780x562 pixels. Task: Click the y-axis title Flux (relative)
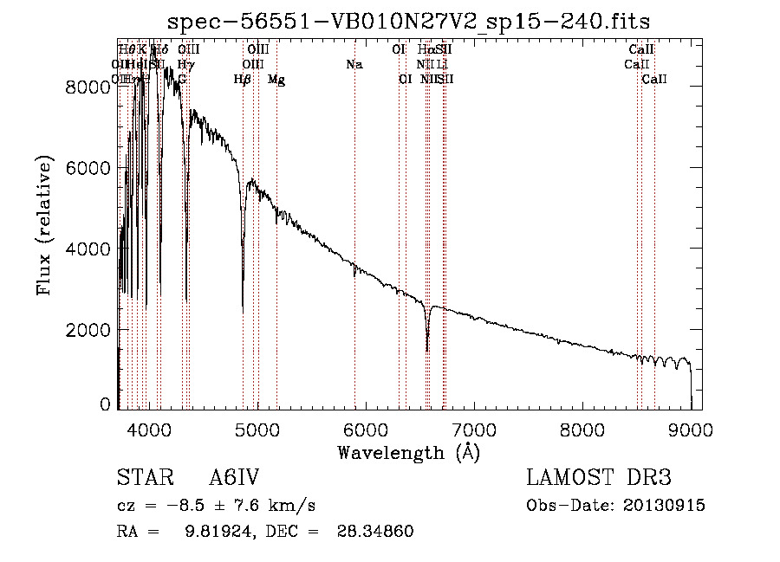(x=45, y=226)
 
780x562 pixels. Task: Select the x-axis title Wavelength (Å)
(x=408, y=452)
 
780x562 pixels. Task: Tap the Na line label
(x=354, y=64)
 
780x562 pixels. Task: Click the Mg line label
(x=276, y=80)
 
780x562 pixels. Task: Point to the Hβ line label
(x=243, y=80)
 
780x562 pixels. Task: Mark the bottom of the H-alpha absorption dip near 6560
(x=427, y=350)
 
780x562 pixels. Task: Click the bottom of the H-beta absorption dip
(x=243, y=311)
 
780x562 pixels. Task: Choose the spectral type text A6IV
(x=235, y=479)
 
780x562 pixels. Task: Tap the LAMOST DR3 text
(x=599, y=479)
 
